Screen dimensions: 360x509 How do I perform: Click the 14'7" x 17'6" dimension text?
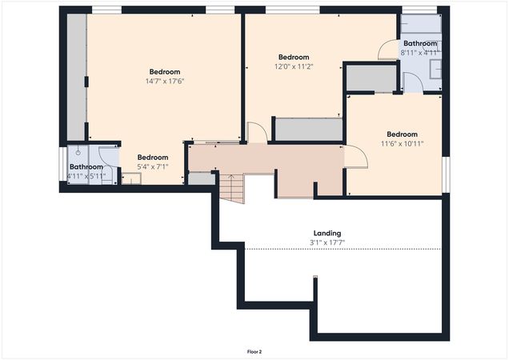pyautogui.click(x=164, y=81)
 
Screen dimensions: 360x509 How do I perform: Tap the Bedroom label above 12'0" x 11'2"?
pyautogui.click(x=294, y=57)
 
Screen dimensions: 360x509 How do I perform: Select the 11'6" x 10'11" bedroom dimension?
pyautogui.click(x=402, y=144)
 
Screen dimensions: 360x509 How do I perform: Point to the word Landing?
pyautogui.click(x=328, y=234)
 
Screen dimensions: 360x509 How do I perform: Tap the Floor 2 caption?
pyautogui.click(x=254, y=351)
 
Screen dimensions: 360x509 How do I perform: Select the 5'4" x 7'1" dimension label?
pyautogui.click(x=152, y=167)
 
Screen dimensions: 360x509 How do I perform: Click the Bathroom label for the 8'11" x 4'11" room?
pyautogui.click(x=419, y=43)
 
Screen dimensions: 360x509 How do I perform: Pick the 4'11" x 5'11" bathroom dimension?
pyautogui.click(x=86, y=176)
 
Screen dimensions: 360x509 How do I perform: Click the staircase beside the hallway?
pyautogui.click(x=231, y=188)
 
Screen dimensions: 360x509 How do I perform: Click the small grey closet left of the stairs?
pyautogui.click(x=201, y=178)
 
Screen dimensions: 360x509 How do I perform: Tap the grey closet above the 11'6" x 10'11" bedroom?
pyautogui.click(x=371, y=78)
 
